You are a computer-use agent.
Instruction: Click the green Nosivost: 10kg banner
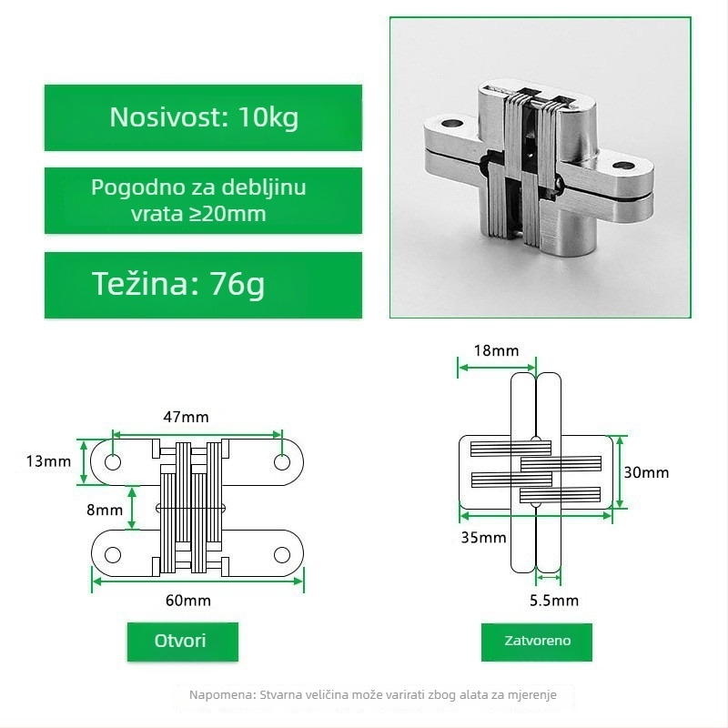(203, 117)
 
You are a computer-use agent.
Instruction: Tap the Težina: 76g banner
(203, 285)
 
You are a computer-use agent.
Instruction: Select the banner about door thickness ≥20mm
(203, 200)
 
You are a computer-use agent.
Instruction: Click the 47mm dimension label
(186, 417)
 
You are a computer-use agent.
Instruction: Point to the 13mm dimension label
(48, 461)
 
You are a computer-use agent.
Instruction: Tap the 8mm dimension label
(105, 510)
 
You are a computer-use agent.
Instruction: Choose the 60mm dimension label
(188, 601)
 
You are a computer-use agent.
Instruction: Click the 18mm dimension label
(496, 350)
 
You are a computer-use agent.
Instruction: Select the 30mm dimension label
(646, 472)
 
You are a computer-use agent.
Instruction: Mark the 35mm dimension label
(483, 538)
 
